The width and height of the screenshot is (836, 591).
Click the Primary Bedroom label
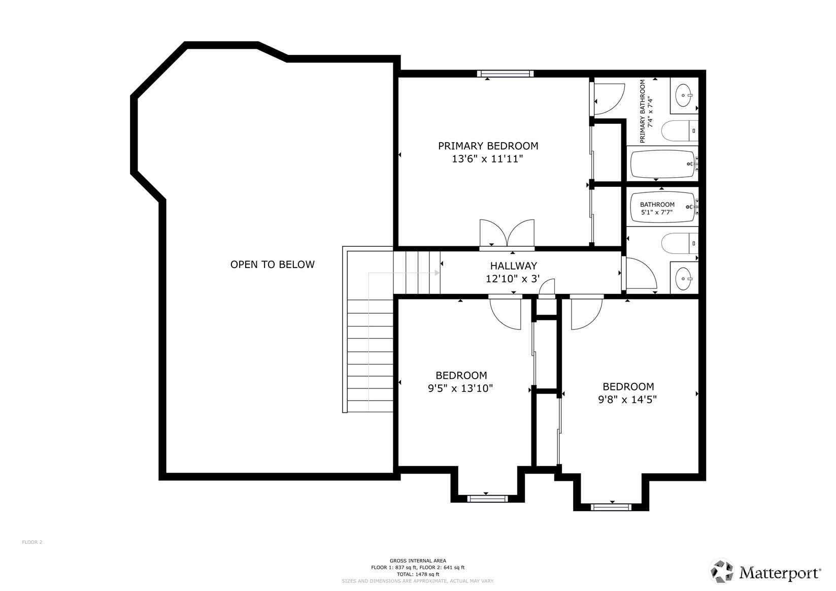pyautogui.click(x=488, y=146)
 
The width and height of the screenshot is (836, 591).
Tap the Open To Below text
pyautogui.click(x=273, y=265)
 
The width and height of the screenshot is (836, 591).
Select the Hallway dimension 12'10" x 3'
pyautogui.click(x=513, y=279)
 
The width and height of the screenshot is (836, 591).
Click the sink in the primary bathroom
pyautogui.click(x=684, y=95)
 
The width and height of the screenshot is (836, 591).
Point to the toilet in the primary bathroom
pyautogui.click(x=680, y=130)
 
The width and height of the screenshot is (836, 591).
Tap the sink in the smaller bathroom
pyautogui.click(x=684, y=279)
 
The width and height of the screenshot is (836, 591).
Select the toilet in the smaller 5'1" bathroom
pyautogui.click(x=680, y=243)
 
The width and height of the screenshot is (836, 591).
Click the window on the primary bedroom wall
pyautogui.click(x=506, y=74)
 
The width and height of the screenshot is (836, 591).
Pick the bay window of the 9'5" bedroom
pyautogui.click(x=487, y=499)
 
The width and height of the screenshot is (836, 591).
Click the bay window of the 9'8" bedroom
pyautogui.click(x=611, y=507)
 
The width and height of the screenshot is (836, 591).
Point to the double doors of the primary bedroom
pyautogui.click(x=507, y=234)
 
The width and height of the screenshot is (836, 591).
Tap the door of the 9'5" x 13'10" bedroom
pyautogui.click(x=505, y=312)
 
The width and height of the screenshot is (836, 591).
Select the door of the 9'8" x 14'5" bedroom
pyautogui.click(x=586, y=312)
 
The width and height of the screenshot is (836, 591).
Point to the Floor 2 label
pyautogui.click(x=32, y=542)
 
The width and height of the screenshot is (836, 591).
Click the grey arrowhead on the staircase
pyautogui.click(x=437, y=273)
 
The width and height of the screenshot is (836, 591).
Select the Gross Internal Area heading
pyautogui.click(x=418, y=561)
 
